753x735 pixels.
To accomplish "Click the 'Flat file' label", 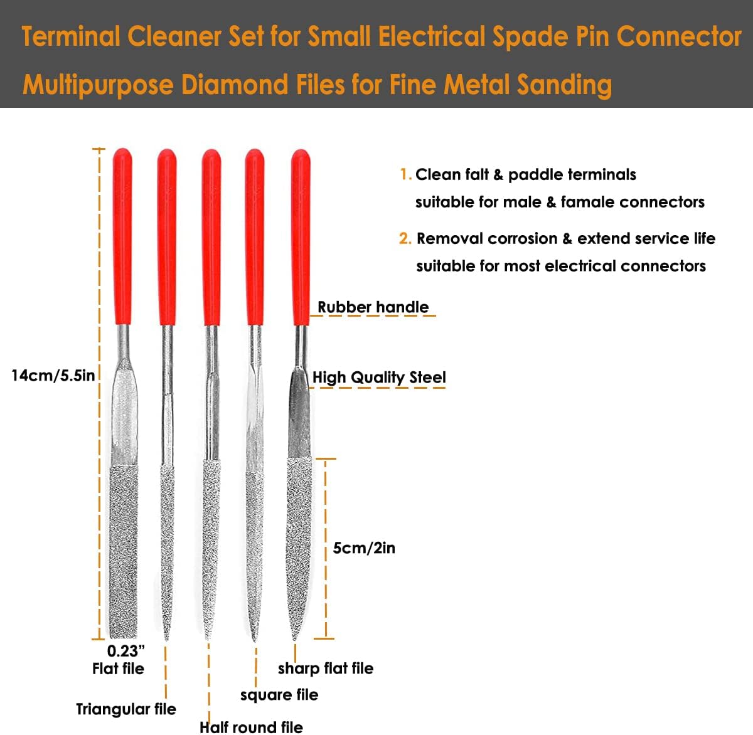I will [x=118, y=669].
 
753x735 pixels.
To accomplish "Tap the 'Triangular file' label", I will [x=126, y=709].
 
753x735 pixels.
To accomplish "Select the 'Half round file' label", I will [x=251, y=727].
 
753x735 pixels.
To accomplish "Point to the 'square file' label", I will [x=279, y=695].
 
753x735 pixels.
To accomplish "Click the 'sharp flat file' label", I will [x=326, y=669].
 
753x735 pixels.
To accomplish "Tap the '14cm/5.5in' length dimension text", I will [x=53, y=376].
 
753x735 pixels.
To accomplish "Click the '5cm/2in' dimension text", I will [x=364, y=548].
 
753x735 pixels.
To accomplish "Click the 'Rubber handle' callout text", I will [x=373, y=307].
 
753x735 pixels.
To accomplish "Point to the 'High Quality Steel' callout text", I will [x=379, y=377].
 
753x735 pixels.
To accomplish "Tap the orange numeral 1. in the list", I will [x=405, y=174].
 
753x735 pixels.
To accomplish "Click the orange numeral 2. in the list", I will [x=405, y=239].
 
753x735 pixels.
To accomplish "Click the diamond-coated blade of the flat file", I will [x=124, y=552].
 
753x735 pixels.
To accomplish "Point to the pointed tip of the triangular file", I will [x=167, y=638].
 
